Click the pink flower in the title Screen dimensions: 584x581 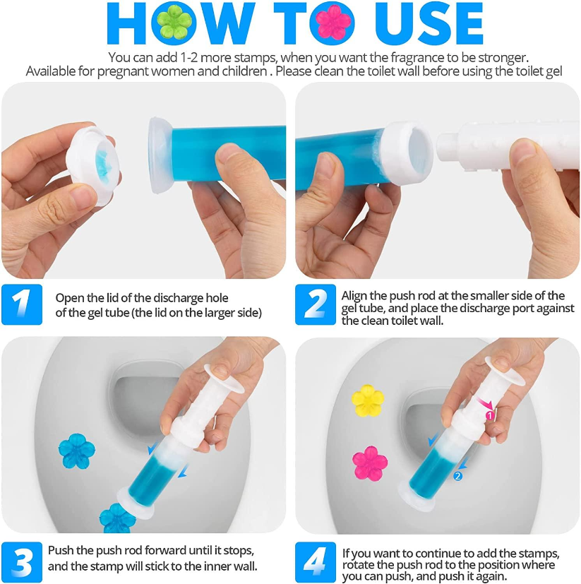333,23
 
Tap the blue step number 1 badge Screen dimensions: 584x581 21,304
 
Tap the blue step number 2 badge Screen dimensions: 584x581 315,304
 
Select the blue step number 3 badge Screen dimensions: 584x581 21,561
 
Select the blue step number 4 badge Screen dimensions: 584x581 315,561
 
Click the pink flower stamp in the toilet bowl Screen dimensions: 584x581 370,463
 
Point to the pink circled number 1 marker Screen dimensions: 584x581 490,416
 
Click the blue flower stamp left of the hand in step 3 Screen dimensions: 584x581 75,452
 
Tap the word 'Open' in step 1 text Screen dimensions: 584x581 68,297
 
